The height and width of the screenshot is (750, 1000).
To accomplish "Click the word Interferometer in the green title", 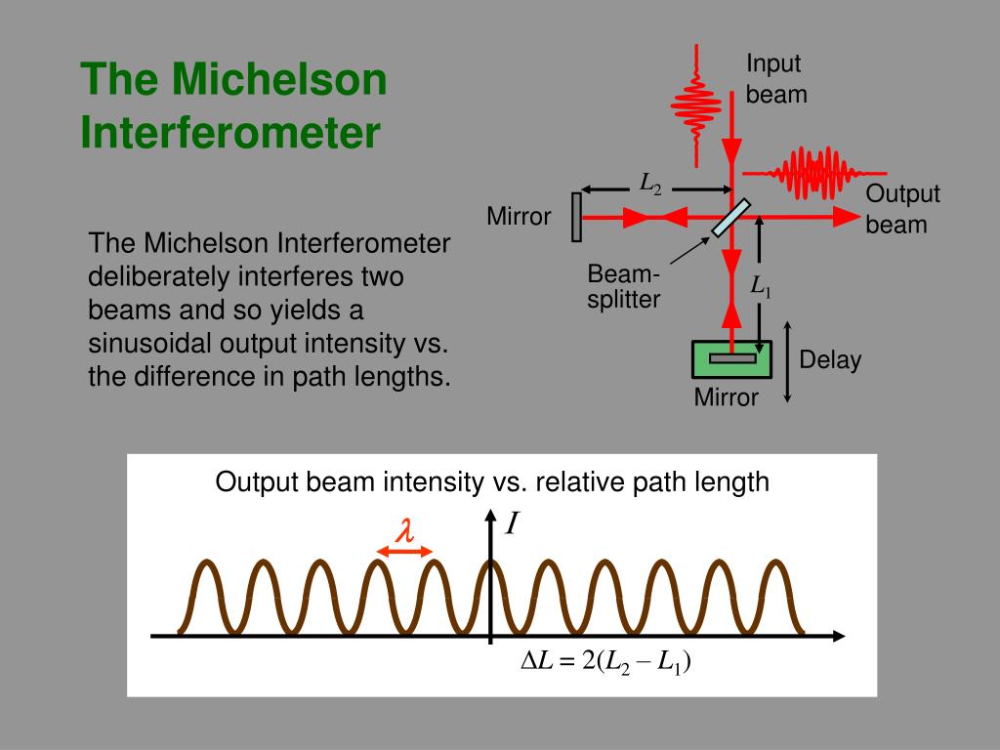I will [x=229, y=132].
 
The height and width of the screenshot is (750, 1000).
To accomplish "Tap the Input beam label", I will [x=776, y=79].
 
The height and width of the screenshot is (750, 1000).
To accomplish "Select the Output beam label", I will [x=901, y=209].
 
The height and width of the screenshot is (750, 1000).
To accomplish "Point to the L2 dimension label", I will [x=650, y=183].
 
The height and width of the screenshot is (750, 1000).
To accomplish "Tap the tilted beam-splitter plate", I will [x=731, y=218].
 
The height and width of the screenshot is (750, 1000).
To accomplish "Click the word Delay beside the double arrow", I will [x=830, y=360].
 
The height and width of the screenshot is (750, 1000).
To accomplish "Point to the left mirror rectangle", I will [x=577, y=217].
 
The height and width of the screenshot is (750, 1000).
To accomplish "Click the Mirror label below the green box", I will [x=726, y=397].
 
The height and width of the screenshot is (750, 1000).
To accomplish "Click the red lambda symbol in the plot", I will [x=404, y=530].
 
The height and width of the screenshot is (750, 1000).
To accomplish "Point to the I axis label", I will [x=511, y=526].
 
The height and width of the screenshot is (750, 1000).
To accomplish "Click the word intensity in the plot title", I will [x=424, y=481].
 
